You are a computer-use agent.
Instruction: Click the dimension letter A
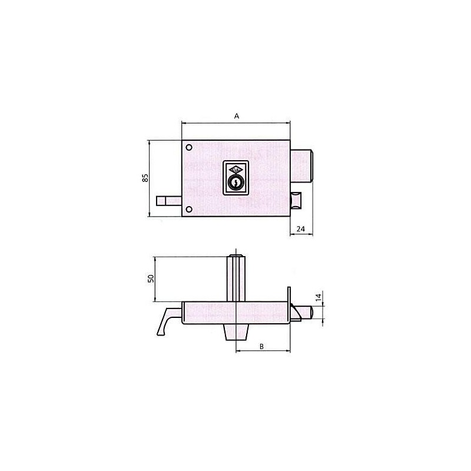pos(236,117)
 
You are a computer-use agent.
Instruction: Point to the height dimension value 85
pos(145,178)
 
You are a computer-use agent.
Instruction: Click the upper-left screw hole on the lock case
pos(188,147)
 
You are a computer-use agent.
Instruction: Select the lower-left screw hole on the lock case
pos(188,210)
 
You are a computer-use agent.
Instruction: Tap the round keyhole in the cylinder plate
pos(236,184)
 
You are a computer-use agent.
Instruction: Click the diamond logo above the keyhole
pos(236,169)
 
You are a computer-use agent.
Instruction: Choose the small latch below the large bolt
pos(296,200)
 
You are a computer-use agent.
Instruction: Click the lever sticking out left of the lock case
pos(168,201)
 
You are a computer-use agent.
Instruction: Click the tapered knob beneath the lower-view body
pos(235,331)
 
